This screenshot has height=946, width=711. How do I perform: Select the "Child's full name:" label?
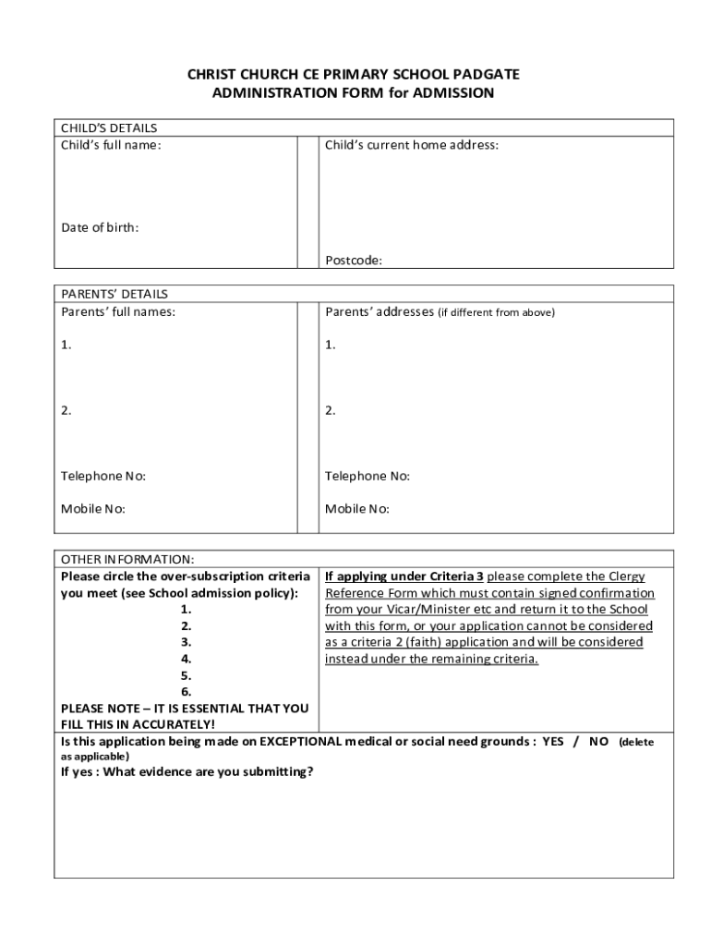[x=111, y=145]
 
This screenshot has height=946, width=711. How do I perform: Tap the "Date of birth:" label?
[x=100, y=227]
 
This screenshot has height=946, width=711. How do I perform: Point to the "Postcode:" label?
[x=353, y=261]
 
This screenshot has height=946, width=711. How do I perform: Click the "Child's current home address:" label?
[x=412, y=145]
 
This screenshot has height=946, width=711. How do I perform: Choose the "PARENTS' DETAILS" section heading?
[x=114, y=294]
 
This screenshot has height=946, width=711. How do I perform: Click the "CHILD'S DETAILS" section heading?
[x=109, y=128]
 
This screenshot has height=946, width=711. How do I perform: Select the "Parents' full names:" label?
[x=118, y=311]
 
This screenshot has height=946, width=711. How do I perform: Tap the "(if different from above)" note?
[x=496, y=312]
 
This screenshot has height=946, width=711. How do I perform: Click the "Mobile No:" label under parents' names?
[x=93, y=509]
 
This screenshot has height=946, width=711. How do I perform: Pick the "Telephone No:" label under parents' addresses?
[x=368, y=476]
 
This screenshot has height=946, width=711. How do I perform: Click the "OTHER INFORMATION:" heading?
[x=127, y=560]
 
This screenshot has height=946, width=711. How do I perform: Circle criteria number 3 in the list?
[x=186, y=642]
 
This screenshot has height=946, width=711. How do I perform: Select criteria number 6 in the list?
[x=186, y=692]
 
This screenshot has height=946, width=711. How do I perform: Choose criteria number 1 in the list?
[x=186, y=609]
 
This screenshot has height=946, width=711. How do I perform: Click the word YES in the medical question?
[x=552, y=742]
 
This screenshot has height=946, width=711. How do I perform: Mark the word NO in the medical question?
[x=599, y=742]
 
